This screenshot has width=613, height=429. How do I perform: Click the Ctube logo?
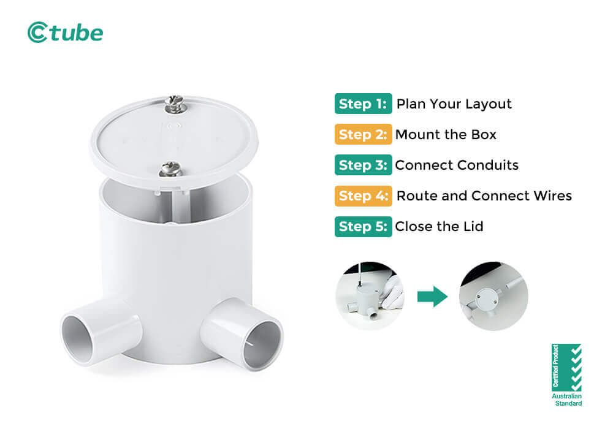pyautogui.click(x=65, y=32)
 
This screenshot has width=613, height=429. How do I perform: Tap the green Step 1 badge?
pyautogui.click(x=363, y=104)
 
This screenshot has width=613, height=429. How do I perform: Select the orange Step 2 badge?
pyautogui.click(x=363, y=134)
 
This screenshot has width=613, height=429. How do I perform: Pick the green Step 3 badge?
pyautogui.click(x=363, y=165)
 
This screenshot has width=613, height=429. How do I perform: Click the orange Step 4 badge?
pyautogui.click(x=363, y=196)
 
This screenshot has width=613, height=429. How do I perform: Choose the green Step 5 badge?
pyautogui.click(x=363, y=226)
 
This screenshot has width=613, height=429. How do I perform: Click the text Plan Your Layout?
pyautogui.click(x=454, y=104)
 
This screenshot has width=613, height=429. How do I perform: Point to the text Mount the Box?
pyautogui.click(x=446, y=134)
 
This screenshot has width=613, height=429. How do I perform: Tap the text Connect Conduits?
pyautogui.click(x=457, y=165)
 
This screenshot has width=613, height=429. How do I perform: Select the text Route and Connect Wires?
pyautogui.click(x=484, y=196)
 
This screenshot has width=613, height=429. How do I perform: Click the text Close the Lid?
pyautogui.click(x=439, y=226)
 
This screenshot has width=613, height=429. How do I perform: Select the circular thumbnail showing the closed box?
pyautogui.click(x=493, y=297)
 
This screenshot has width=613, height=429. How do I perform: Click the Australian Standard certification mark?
pyautogui.click(x=566, y=374)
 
